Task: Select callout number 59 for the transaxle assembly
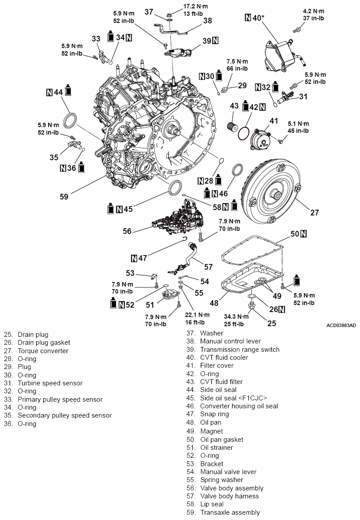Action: [x=64, y=197]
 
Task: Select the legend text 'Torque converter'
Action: [x=43, y=351]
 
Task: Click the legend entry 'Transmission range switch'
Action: [x=240, y=350]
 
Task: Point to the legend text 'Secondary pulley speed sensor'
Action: [x=64, y=415]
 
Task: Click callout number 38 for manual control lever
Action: [x=208, y=20]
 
